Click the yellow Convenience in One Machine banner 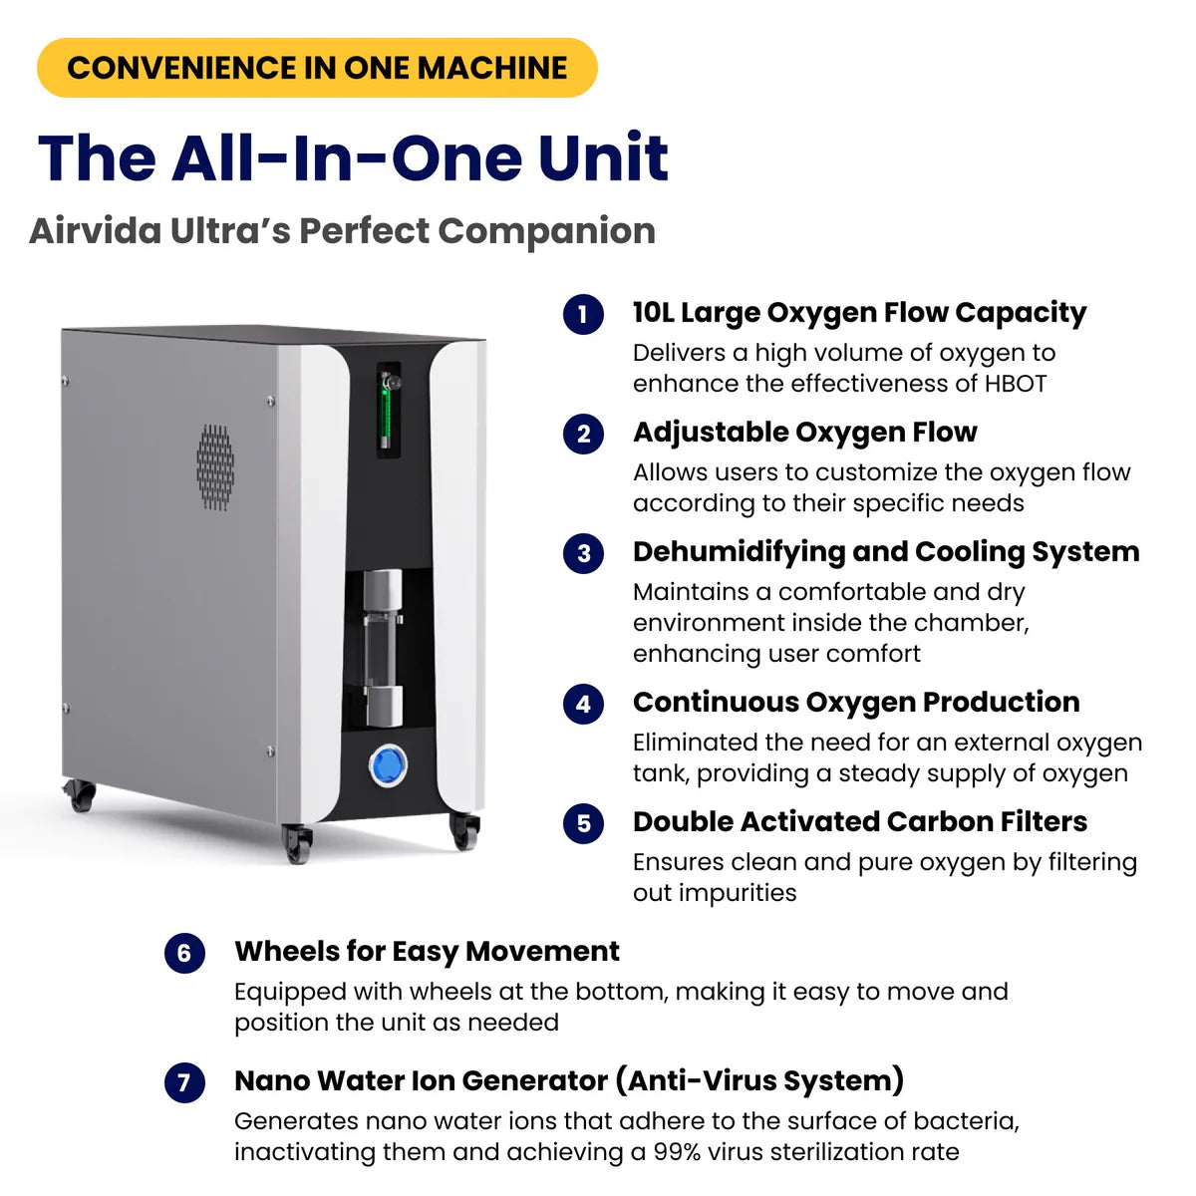[x=317, y=68]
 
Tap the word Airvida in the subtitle [x=95, y=230]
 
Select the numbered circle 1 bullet [x=583, y=315]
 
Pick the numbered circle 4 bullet [x=583, y=705]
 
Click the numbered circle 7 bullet [x=184, y=1083]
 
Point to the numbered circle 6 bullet [x=184, y=954]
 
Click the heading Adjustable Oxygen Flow [x=804, y=433]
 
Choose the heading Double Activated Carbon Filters [x=859, y=822]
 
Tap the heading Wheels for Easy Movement [x=427, y=952]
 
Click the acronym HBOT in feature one [x=1015, y=384]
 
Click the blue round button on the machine [x=388, y=766]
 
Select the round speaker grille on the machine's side [x=215, y=467]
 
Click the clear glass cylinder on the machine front [x=383, y=648]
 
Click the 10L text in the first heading [x=654, y=313]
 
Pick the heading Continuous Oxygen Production [x=855, y=703]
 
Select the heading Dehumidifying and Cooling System [x=885, y=552]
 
